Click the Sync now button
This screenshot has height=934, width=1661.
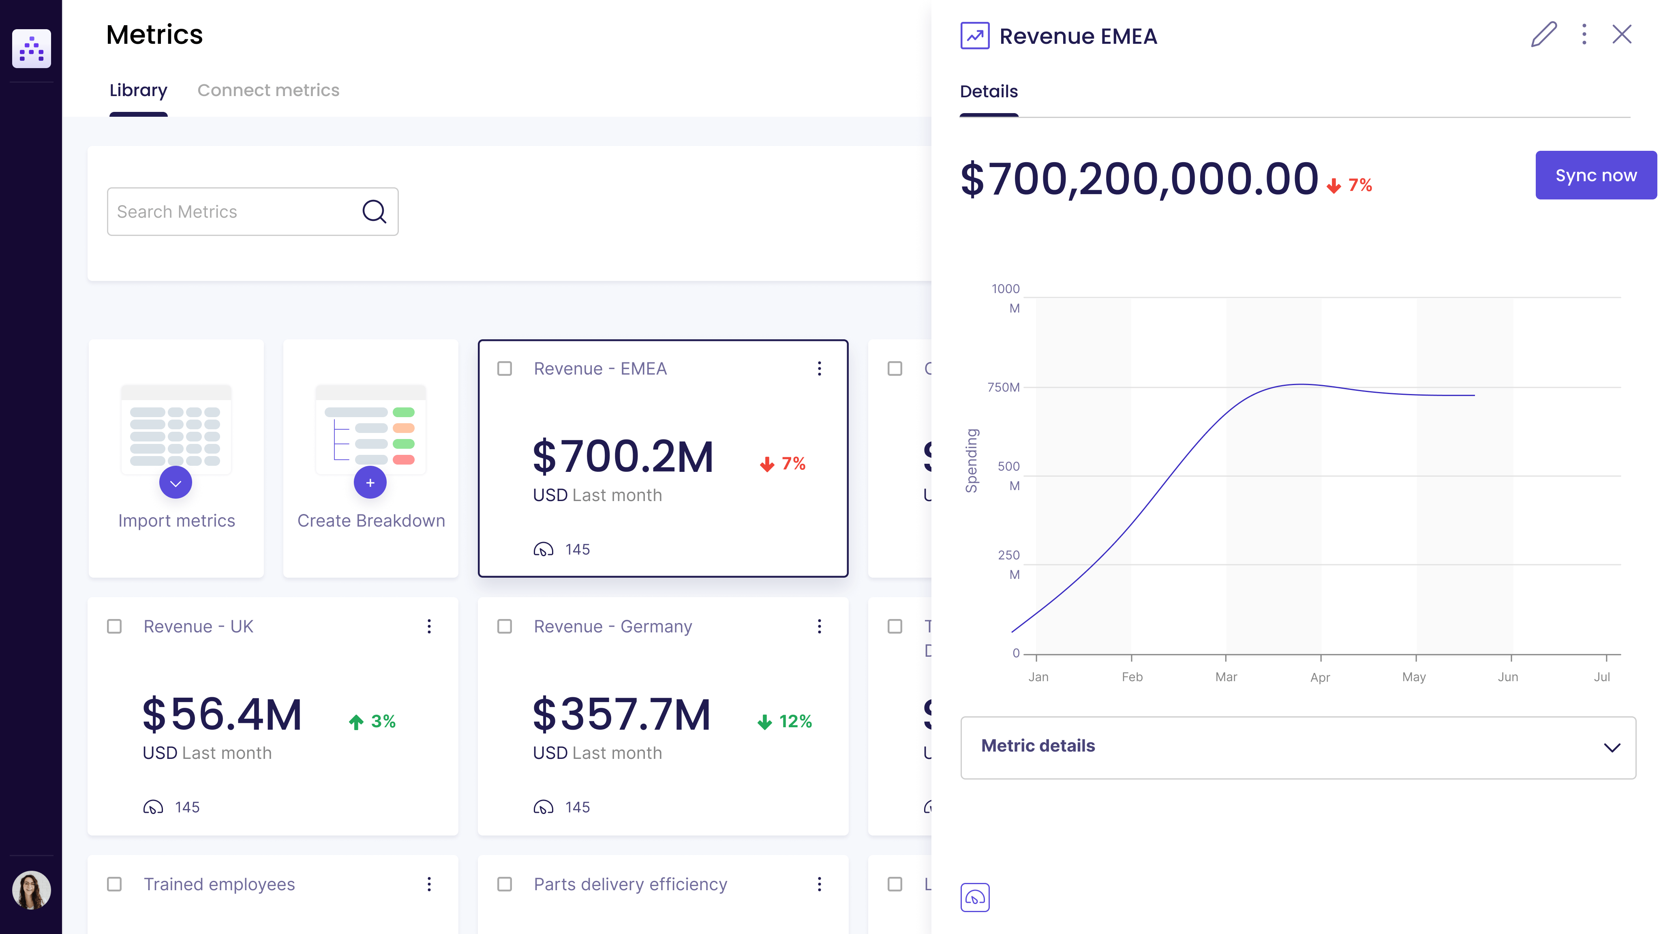1595,176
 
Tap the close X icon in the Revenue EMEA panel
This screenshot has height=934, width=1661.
1622,34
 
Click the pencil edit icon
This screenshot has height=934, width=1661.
1543,34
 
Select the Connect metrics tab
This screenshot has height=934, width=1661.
268,90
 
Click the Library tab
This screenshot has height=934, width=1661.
138,90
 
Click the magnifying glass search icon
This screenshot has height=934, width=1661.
374,212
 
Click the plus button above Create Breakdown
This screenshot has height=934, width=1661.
370,482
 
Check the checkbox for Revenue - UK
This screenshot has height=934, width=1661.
114,626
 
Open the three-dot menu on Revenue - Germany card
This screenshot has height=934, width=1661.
819,626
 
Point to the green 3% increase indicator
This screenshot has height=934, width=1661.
373,721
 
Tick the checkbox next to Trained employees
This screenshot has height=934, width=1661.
114,884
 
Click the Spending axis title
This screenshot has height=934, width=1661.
971,461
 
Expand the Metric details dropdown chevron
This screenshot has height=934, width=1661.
1612,748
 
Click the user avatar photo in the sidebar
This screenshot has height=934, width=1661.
31,890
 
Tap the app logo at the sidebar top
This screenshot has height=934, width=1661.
31,48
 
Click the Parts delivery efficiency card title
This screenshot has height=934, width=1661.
630,884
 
